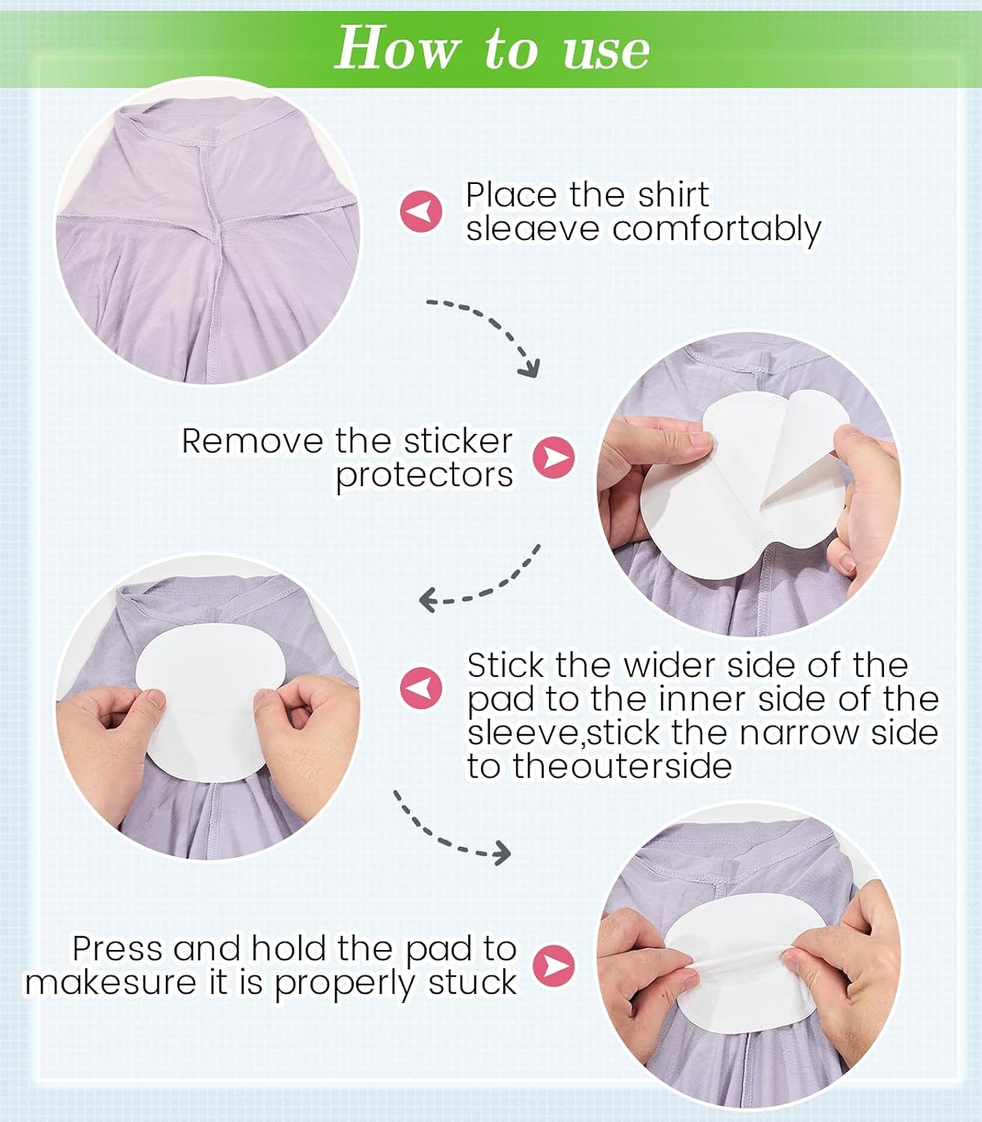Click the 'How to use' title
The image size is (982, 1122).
coord(492,49)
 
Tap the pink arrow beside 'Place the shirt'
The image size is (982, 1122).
coord(420,211)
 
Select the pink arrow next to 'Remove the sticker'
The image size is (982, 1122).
coord(553,457)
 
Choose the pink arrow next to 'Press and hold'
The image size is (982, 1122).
coord(553,966)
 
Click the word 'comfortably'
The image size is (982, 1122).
coord(716,229)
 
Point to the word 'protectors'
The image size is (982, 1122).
coord(424,475)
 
